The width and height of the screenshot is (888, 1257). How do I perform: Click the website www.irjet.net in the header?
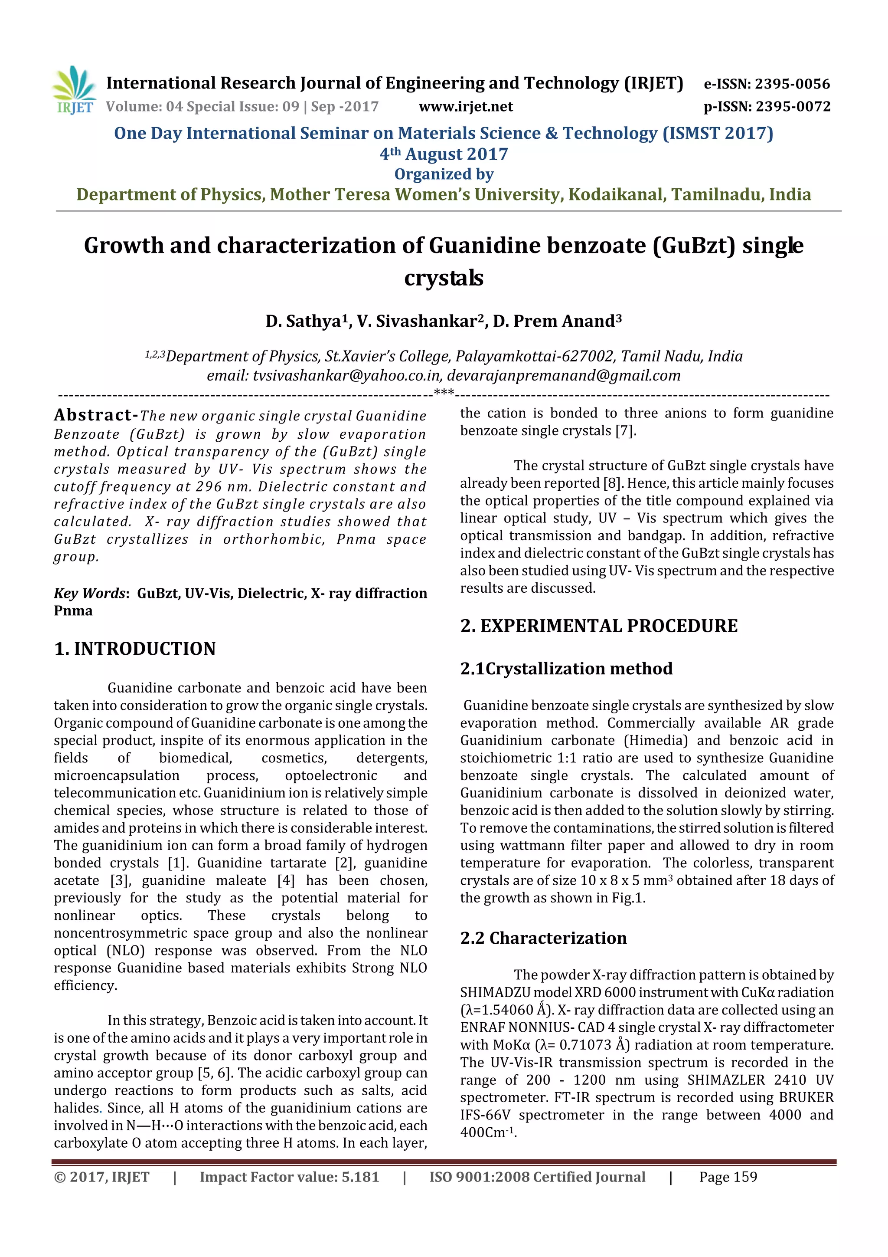point(466,106)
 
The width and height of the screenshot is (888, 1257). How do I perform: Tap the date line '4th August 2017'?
point(444,154)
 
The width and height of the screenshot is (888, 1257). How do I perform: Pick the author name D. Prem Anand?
point(556,321)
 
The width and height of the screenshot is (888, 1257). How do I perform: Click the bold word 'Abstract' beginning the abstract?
point(93,415)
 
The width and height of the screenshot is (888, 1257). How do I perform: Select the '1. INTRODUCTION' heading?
point(134,649)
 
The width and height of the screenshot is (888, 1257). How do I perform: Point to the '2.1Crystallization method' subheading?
point(566,669)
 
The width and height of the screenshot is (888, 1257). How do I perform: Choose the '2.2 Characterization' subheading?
point(543,938)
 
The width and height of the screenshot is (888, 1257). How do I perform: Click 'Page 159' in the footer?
point(728,1177)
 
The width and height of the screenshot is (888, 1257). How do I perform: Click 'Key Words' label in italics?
point(90,594)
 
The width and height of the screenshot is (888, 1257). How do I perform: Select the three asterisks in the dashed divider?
point(443,393)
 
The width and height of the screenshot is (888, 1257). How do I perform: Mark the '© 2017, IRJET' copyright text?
point(102,1177)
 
